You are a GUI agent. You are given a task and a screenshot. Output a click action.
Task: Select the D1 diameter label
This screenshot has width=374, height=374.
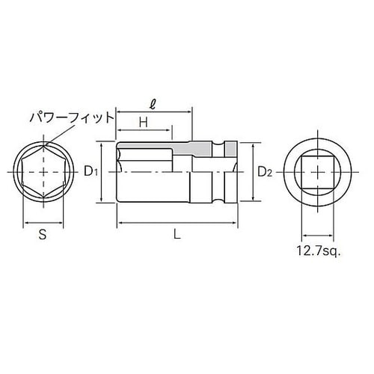point(91,171)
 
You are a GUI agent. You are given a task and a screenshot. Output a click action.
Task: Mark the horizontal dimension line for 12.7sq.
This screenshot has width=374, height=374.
point(320,238)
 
